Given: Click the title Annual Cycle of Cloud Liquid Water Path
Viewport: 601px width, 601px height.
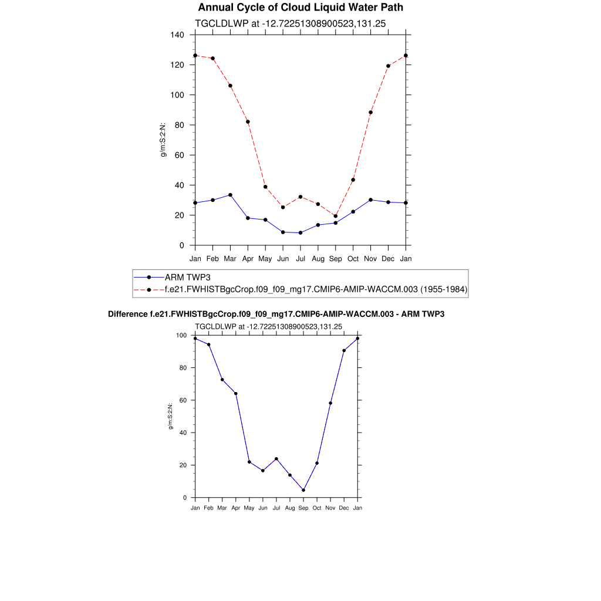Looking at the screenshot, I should click(300, 8).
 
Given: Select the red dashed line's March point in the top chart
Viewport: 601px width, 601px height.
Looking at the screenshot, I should click(230, 86).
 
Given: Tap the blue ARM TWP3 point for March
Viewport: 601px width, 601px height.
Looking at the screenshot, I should click(230, 195).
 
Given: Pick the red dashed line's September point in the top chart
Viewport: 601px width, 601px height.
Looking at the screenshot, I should click(336, 216).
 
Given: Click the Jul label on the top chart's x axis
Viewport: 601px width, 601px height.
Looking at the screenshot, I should click(300, 258).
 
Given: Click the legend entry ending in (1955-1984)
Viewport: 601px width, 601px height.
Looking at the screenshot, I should click(316, 289).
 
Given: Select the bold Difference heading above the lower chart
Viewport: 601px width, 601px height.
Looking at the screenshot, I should click(276, 314).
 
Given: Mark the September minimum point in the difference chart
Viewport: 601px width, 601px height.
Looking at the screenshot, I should click(303, 490).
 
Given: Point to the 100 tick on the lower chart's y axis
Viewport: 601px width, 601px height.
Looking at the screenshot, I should click(181, 336).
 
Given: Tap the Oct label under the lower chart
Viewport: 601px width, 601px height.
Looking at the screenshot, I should click(317, 508).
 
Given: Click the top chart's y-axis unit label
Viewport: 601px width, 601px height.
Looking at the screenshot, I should click(164, 140).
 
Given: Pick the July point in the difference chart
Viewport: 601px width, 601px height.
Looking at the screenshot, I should click(276, 459).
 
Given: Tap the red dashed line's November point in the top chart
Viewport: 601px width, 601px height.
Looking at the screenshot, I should click(370, 113).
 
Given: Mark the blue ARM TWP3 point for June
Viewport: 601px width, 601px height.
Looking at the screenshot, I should click(283, 232).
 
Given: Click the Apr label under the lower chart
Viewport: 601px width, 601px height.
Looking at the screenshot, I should click(235, 508).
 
